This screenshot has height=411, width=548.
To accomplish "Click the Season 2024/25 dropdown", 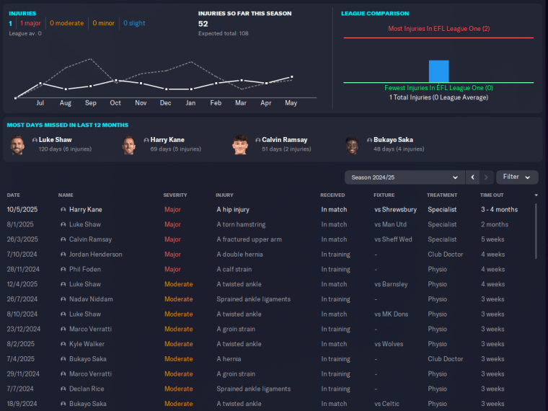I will tap(404, 177).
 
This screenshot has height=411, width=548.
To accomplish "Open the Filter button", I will tap(517, 177).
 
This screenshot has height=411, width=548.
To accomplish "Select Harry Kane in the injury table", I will tap(85, 210).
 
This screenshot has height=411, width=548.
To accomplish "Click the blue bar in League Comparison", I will tap(438, 71).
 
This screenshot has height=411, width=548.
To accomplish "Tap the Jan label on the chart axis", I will tap(190, 103).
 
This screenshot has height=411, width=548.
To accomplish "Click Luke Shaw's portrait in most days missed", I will tap(17, 145).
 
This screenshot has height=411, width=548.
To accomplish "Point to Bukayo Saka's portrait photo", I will tap(352, 145).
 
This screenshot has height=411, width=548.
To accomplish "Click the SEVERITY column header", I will tap(175, 195).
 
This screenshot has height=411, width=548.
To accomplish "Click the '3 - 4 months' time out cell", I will tap(499, 210).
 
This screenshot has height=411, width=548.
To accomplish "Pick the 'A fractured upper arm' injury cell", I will tap(249, 239).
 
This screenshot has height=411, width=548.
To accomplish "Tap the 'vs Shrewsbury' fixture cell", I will tap(395, 210).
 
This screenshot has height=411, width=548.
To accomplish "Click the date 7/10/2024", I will tap(24, 255).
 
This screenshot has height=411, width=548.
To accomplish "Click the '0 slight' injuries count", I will tap(134, 23).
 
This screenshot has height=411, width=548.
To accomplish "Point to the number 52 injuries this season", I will tap(203, 24).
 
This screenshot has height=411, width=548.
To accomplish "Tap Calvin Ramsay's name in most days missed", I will tap(284, 140).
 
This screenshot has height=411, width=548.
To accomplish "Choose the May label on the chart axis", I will tap(291, 103).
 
